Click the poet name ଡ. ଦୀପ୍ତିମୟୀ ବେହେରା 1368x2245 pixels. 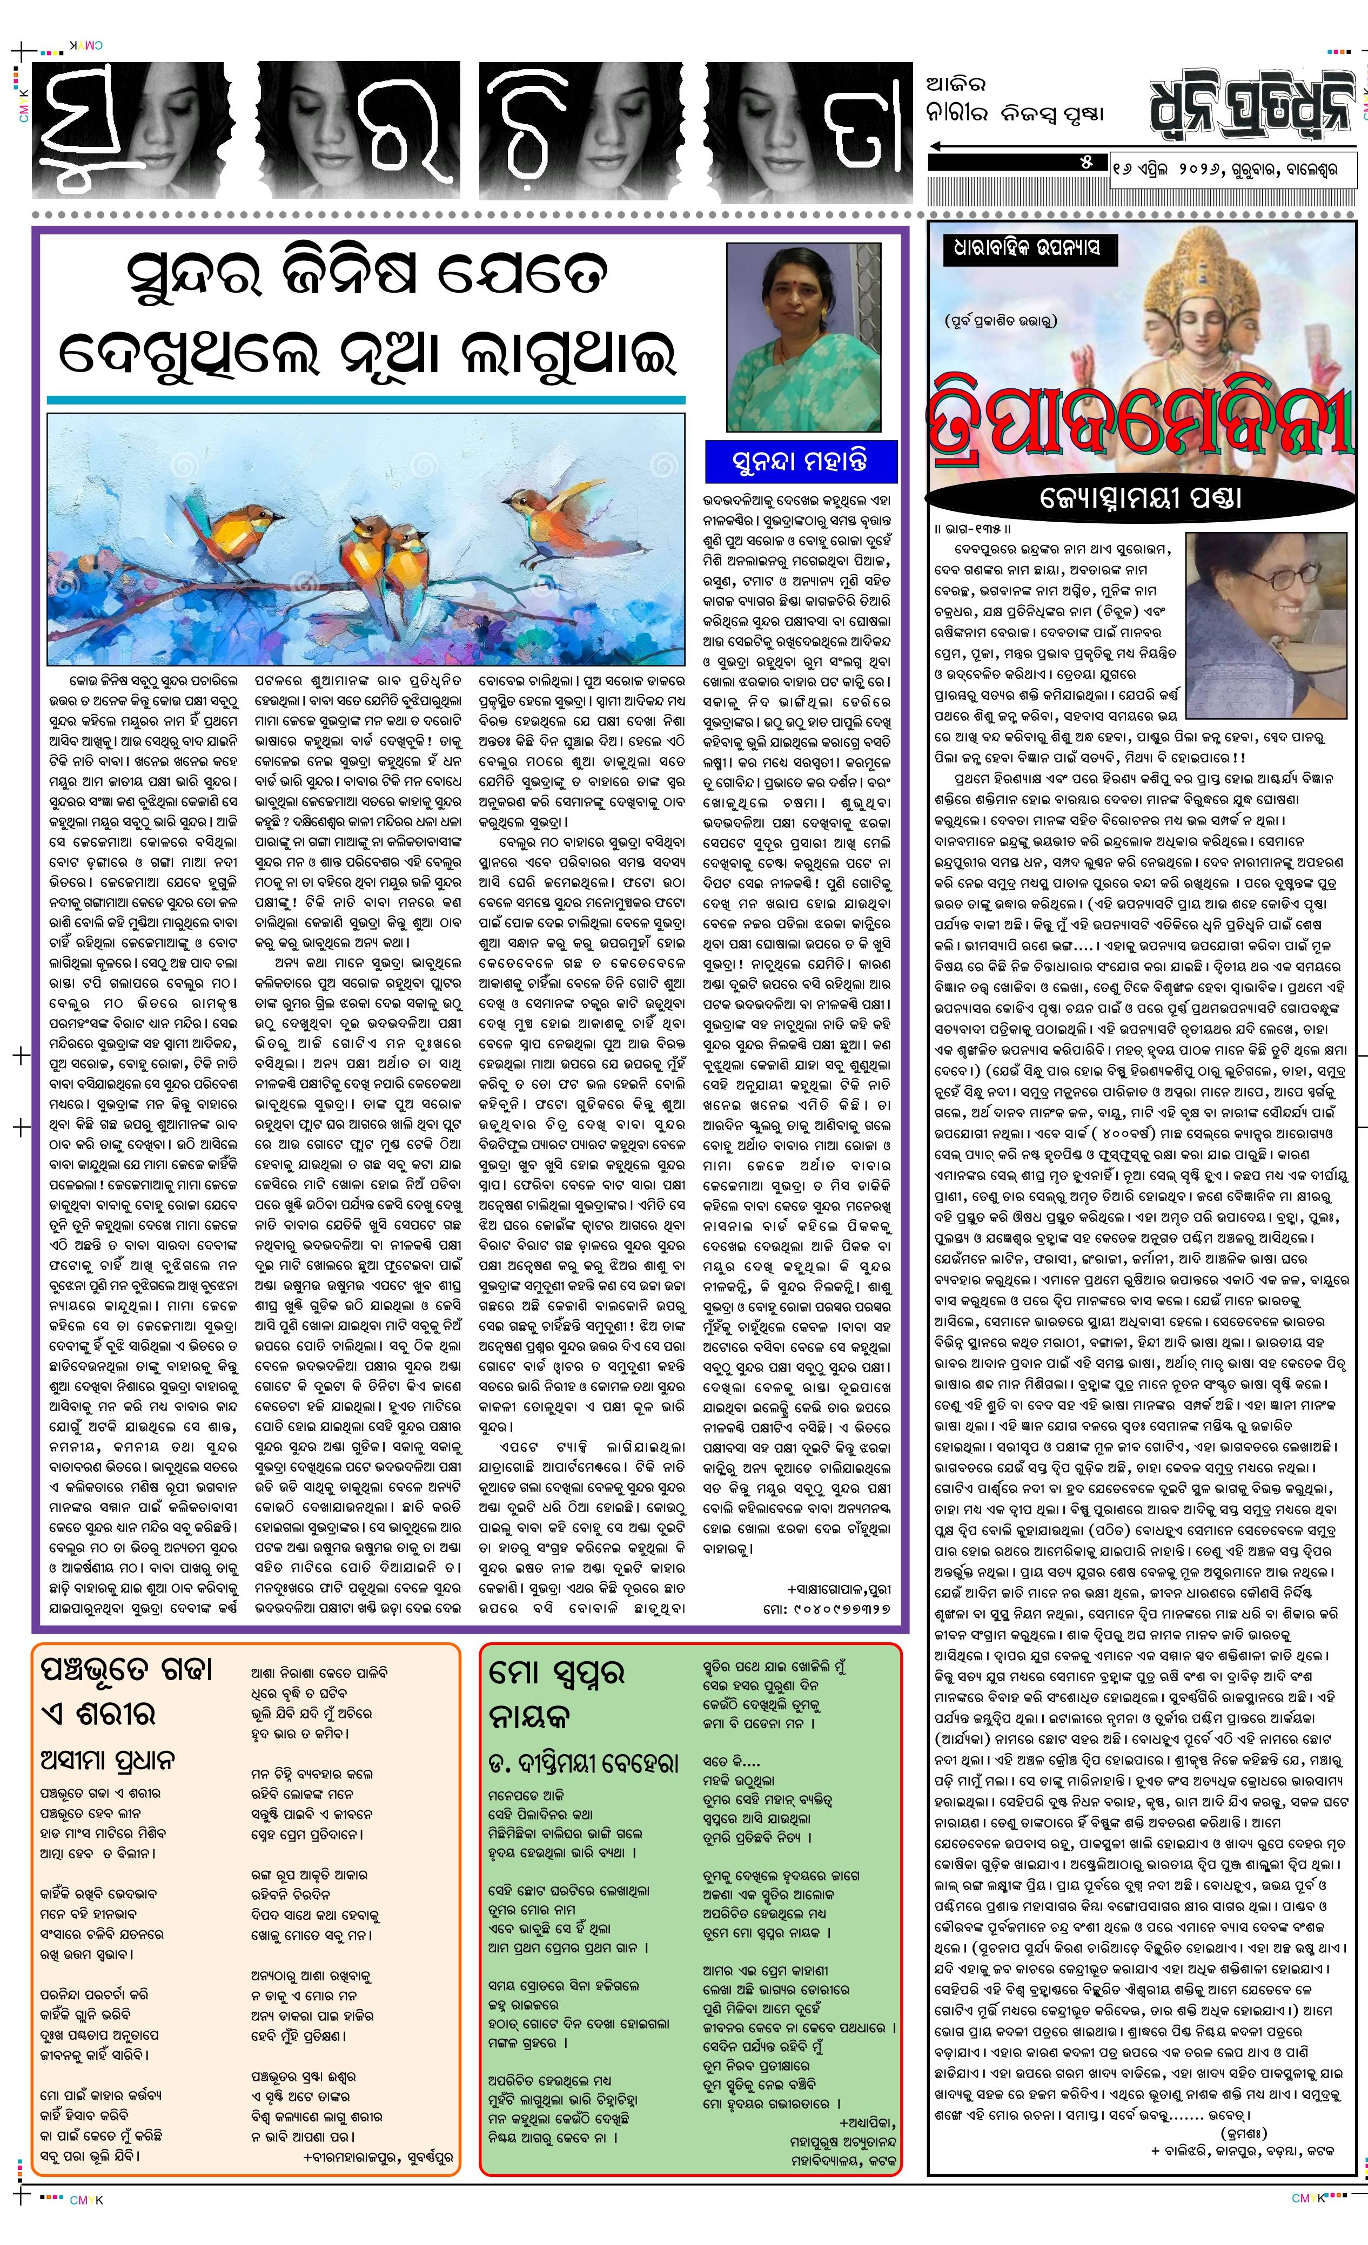[x=584, y=1764]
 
